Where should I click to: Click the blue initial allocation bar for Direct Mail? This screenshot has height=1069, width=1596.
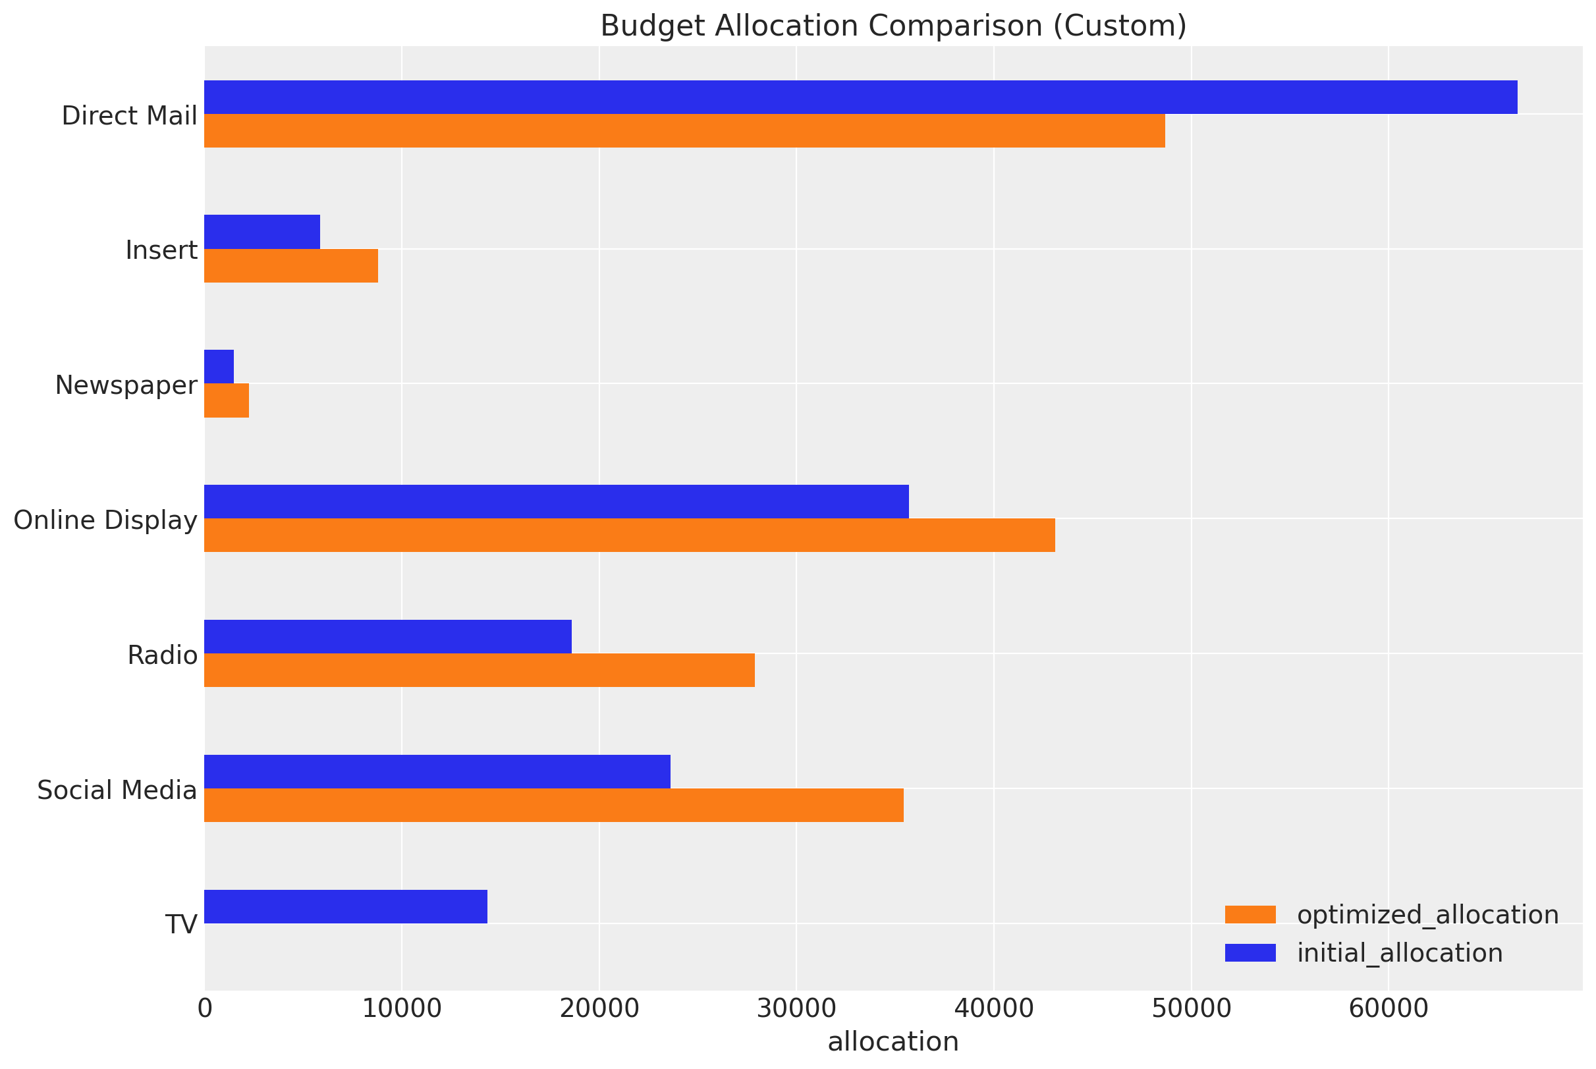860,97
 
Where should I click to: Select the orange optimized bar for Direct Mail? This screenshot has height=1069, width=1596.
684,131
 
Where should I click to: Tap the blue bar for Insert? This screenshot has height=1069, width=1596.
262,232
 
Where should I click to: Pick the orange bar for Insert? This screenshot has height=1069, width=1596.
291,266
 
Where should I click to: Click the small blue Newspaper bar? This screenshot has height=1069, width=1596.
219,367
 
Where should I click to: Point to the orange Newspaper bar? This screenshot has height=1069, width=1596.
227,400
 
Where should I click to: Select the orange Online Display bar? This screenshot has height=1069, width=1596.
629,535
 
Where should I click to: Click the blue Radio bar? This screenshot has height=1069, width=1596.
388,636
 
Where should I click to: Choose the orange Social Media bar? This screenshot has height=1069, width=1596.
553,805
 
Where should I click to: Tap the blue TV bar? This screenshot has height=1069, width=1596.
346,906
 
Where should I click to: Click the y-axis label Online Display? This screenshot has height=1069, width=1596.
105,520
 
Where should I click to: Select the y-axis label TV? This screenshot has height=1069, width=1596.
182,925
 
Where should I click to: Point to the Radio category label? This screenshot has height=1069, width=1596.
163,655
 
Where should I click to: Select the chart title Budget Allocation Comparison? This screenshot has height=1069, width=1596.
893,26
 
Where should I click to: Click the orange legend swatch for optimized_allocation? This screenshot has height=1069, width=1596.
1250,915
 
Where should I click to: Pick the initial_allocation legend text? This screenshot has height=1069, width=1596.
1400,953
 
